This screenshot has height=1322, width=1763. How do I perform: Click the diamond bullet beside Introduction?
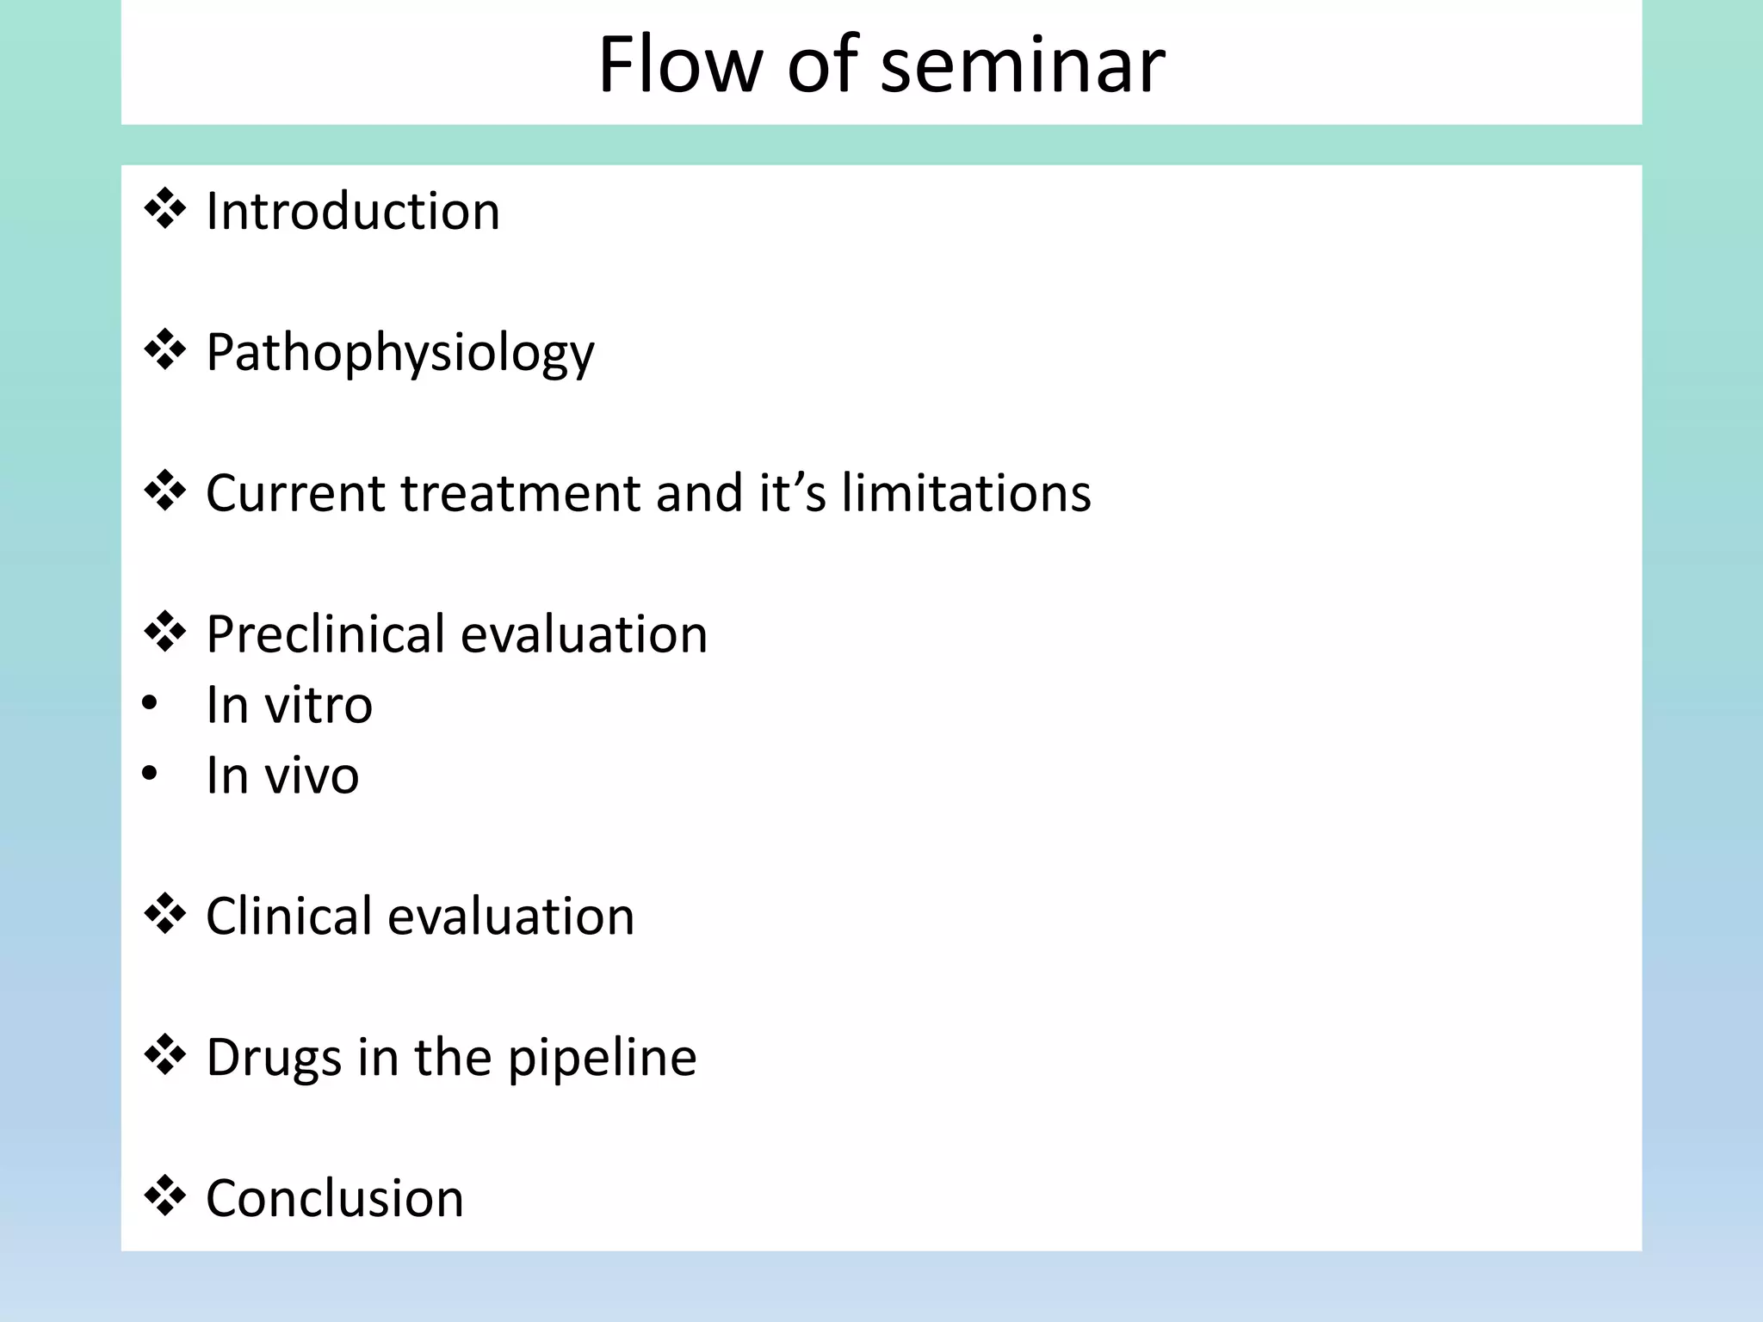tap(164, 209)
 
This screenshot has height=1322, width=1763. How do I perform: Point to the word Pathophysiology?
tap(399, 353)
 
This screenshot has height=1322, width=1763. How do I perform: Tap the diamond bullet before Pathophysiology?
tap(164, 350)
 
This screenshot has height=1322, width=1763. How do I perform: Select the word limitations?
tap(966, 493)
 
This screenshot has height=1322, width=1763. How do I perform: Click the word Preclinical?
tap(326, 634)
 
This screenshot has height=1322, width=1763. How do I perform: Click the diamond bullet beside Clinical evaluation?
tap(164, 914)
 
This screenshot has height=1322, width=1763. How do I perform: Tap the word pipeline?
tap(602, 1058)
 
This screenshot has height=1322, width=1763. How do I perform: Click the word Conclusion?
tap(335, 1198)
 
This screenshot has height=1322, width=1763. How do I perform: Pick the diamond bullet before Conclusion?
tap(164, 1196)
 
